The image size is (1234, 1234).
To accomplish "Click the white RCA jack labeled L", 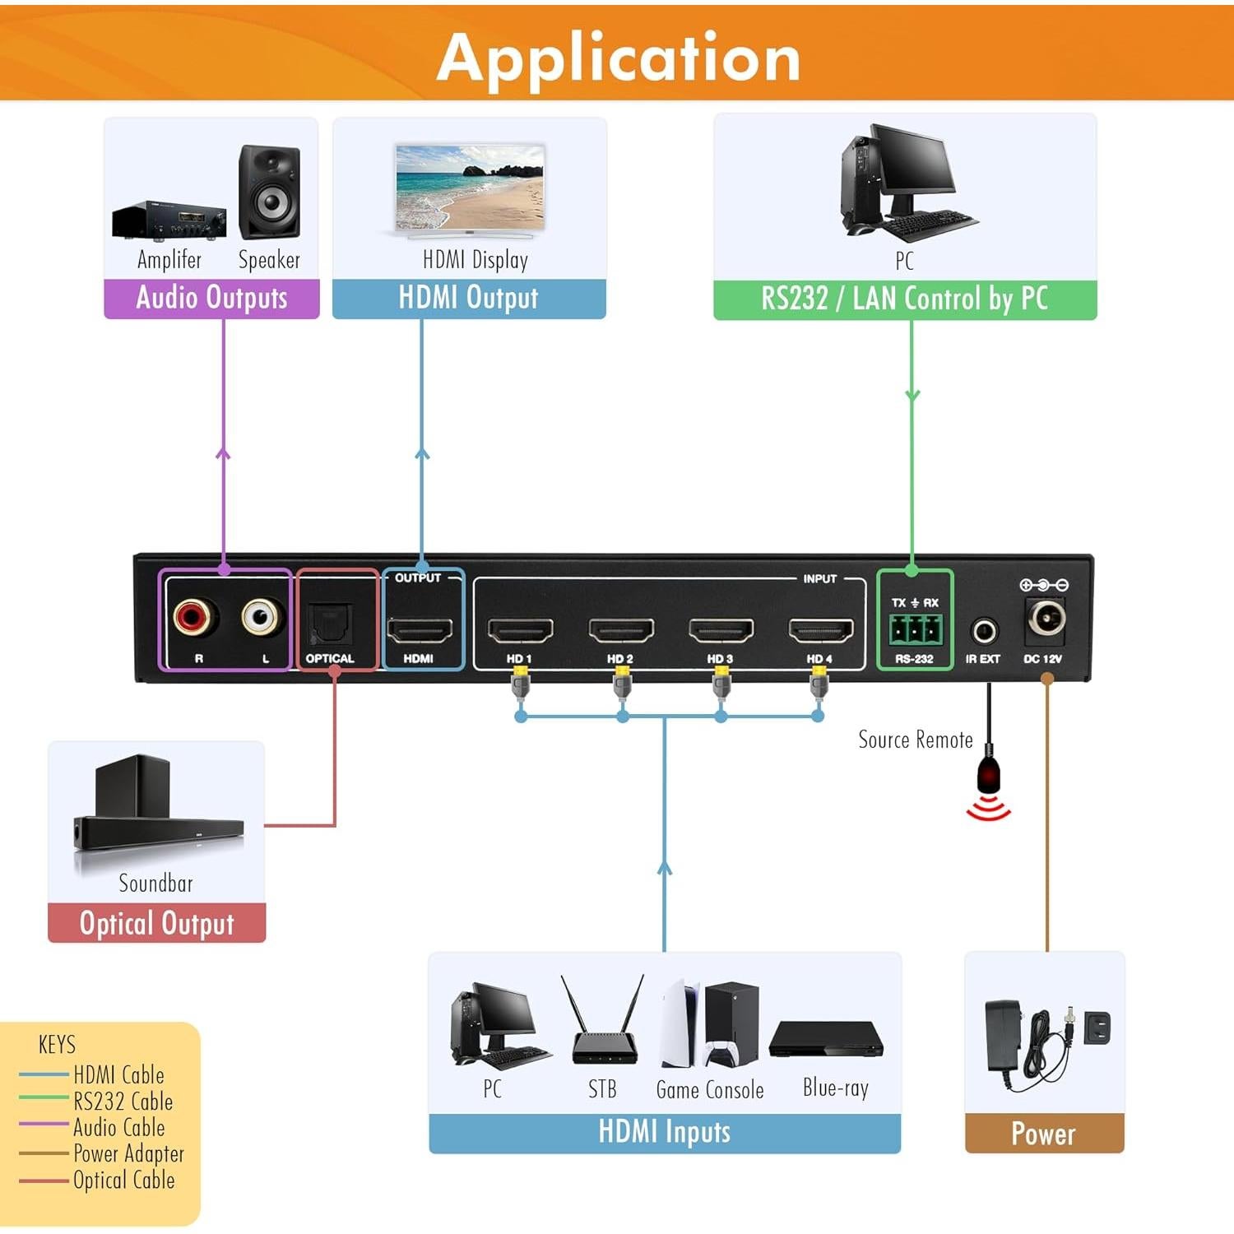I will point(262,616).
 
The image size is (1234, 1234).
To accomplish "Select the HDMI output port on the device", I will point(420,631).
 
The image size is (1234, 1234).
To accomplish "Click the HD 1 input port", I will point(520,631).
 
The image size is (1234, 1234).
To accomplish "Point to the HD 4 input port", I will point(820,631).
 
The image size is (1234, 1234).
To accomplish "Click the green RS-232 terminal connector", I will point(914,630).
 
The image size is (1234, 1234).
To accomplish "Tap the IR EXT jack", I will point(984,632).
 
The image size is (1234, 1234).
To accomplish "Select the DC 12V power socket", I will point(1045,619).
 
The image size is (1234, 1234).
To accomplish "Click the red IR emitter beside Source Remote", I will point(989,775).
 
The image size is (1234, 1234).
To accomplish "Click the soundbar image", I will point(156,814).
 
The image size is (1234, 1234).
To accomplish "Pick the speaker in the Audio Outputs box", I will point(269,193).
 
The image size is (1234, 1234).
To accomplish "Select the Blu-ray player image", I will point(826,1040).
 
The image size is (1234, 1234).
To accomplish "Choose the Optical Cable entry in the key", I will point(123,1181).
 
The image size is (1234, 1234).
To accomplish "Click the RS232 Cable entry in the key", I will point(123,1102).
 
